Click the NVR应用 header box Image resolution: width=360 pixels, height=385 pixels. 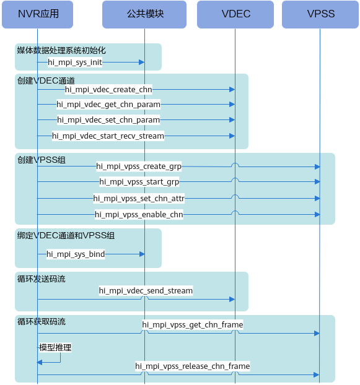click(x=37, y=14)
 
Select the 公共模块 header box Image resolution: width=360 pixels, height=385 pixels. click(x=144, y=14)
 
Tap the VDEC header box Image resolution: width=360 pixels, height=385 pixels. click(x=235, y=14)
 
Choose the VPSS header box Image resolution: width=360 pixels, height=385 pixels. click(x=320, y=14)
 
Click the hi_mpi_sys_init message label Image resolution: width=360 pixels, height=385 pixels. click(x=75, y=63)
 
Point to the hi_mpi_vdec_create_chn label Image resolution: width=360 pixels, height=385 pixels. click(x=108, y=90)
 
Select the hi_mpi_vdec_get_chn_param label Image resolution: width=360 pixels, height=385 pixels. click(x=108, y=105)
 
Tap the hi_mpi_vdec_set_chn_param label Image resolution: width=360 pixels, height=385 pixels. click(x=108, y=120)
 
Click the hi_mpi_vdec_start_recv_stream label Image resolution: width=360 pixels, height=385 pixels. click(x=108, y=136)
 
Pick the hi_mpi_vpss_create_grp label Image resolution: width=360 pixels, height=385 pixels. click(x=139, y=167)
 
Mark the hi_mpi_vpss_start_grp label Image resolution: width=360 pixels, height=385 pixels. click(x=139, y=182)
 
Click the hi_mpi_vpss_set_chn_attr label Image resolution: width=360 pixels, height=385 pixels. click(x=139, y=198)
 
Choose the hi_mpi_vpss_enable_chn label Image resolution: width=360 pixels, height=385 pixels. click(x=139, y=215)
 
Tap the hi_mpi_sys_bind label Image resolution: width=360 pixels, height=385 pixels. click(x=76, y=254)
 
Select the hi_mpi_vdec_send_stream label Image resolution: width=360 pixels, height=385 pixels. click(x=146, y=291)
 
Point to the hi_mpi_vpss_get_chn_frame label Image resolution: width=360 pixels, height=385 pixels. click(x=193, y=325)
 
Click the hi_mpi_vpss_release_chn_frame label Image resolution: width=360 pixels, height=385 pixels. click(x=193, y=366)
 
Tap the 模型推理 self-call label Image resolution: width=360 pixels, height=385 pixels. click(x=55, y=348)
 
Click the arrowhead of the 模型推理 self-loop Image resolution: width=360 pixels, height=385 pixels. click(x=40, y=362)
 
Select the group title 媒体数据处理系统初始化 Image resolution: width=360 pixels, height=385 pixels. click(x=61, y=51)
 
